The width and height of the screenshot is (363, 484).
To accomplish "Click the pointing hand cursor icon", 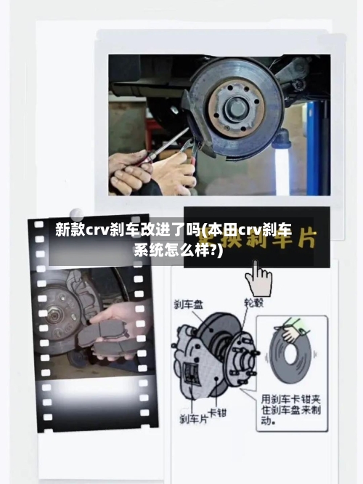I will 258,277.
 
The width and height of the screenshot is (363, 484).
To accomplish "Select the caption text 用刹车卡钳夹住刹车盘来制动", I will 293,409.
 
